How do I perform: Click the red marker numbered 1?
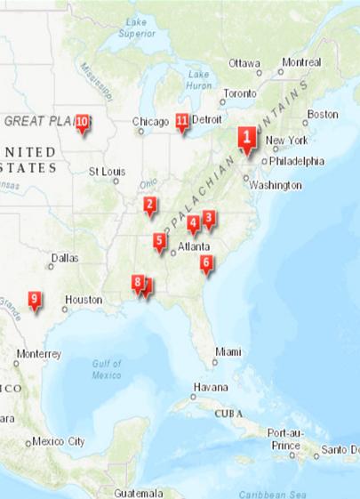(245, 138)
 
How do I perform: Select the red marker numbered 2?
(150, 206)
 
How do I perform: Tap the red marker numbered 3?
(209, 217)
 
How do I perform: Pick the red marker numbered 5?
(159, 240)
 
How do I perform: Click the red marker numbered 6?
(206, 262)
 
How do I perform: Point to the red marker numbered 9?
(34, 299)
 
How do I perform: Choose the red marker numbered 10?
(82, 122)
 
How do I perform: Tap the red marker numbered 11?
(182, 121)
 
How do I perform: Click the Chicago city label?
(150, 121)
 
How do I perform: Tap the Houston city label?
(84, 300)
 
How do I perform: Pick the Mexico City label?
(59, 441)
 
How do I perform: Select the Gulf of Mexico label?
(107, 369)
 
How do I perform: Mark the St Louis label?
(105, 170)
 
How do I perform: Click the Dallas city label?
(64, 258)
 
